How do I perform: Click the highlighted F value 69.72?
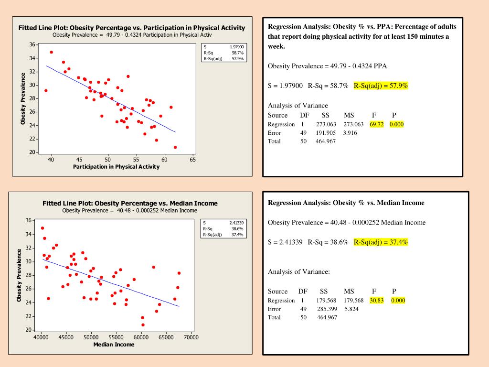[x=376, y=124]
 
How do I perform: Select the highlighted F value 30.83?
[x=376, y=300]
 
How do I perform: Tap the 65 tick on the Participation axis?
[x=192, y=160]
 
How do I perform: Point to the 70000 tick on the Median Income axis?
[x=191, y=337]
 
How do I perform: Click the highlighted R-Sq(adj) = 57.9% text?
[x=381, y=86]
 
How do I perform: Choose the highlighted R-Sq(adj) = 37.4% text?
[x=381, y=242]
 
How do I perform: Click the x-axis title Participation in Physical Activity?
[x=116, y=167]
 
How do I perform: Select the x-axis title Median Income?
[x=114, y=345]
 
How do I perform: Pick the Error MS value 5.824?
[x=351, y=309]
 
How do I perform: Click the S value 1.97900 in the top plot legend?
[x=236, y=47]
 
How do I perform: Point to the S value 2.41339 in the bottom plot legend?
[x=236, y=223]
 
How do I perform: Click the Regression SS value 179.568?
[x=326, y=300]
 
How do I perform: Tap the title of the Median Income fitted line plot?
[x=130, y=203]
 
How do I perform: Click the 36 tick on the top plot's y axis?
[x=32, y=44]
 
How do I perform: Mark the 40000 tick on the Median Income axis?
[x=42, y=337]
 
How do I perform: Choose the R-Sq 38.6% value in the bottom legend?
[x=237, y=228]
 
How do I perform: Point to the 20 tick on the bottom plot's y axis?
[x=28, y=330]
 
